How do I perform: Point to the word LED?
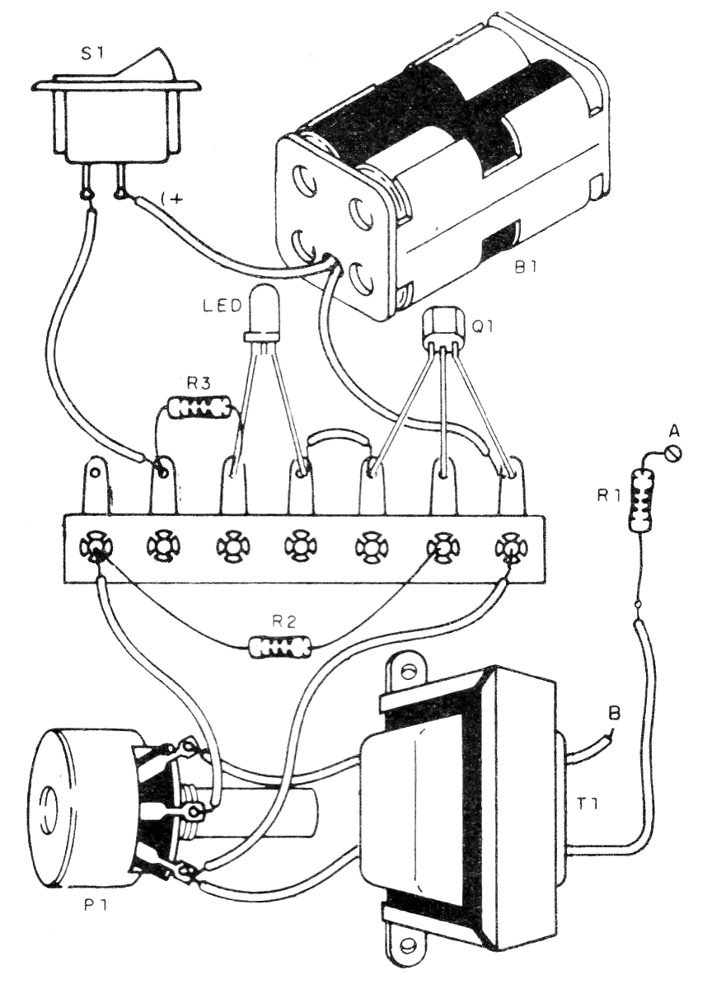(x=222, y=307)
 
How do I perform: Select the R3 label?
(x=198, y=382)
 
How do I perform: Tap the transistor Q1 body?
(x=443, y=330)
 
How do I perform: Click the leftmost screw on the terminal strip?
(x=93, y=545)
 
